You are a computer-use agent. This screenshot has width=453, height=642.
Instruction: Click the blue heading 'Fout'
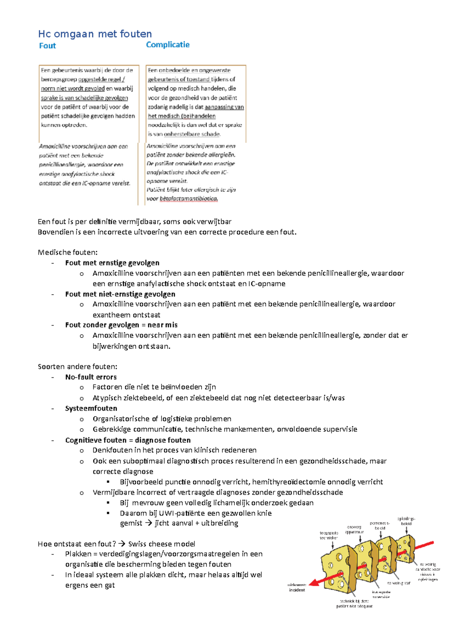[x=47, y=46]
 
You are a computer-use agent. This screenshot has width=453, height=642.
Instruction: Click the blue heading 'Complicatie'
[x=168, y=45]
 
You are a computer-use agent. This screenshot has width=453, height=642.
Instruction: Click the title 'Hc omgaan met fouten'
[x=95, y=34]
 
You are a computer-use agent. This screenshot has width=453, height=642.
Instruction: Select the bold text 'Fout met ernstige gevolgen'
[x=112, y=263]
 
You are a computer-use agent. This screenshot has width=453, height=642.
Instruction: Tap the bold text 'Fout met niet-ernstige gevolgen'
[x=120, y=294]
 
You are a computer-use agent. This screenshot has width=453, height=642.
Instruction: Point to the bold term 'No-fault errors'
[x=91, y=377]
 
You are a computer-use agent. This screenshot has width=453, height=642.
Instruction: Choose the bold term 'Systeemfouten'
[x=91, y=408]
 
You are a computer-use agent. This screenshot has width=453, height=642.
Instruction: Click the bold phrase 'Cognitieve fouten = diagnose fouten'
[x=128, y=440]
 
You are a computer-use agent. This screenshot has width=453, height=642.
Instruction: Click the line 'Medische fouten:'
[x=68, y=253]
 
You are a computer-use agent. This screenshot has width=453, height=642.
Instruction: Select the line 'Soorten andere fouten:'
[x=77, y=367]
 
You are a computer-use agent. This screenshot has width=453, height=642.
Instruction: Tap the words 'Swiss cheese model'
[x=162, y=544]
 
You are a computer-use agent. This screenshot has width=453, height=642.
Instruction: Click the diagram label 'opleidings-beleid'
[x=406, y=521]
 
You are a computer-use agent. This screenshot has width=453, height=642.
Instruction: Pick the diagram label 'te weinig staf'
[x=399, y=583]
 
